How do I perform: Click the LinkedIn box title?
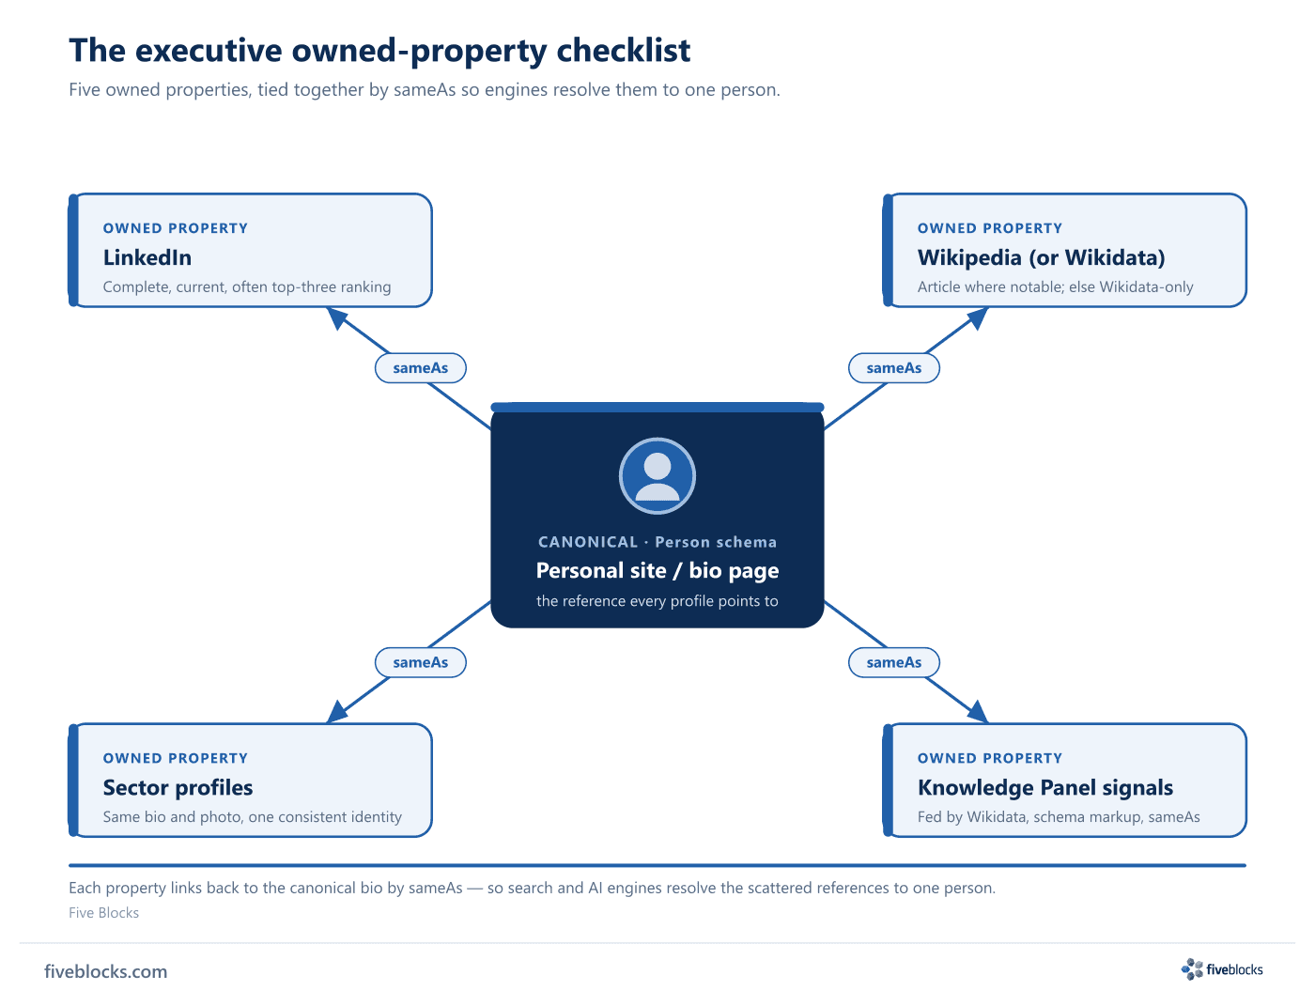[x=147, y=257]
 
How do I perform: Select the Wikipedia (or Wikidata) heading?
[x=1041, y=257]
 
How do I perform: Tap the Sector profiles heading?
[x=178, y=787]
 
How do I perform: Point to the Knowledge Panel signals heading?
[x=1044, y=787]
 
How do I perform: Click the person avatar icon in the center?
[x=657, y=475]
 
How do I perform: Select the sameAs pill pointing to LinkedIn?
[x=420, y=368]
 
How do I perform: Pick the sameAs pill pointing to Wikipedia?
[x=893, y=368]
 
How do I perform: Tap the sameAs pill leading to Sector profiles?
[x=420, y=662]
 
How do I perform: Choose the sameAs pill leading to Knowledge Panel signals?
[x=893, y=662]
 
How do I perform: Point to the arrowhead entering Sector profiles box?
[x=336, y=713]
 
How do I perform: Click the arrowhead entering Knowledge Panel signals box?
[x=977, y=713]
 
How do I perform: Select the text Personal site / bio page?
[x=657, y=570]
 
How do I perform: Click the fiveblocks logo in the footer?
[x=1222, y=969]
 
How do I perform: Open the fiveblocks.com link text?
[x=105, y=971]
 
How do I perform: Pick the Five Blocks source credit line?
[x=103, y=912]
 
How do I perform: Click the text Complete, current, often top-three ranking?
[x=247, y=287]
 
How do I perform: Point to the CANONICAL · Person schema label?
[x=657, y=542]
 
